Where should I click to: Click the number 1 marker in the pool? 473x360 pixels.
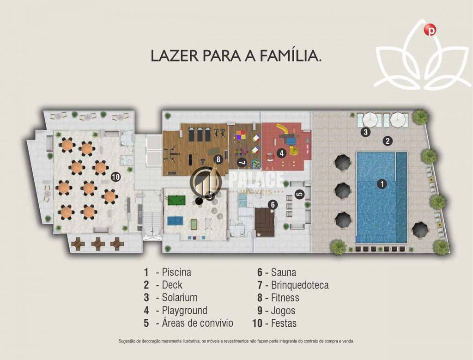382,184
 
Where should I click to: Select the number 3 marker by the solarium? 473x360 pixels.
365,132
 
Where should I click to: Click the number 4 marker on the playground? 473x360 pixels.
281,153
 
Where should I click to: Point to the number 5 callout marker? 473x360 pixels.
299,194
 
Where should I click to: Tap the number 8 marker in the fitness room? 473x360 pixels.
218,159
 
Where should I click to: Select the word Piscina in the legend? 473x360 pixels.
176,272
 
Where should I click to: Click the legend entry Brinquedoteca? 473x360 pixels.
299,285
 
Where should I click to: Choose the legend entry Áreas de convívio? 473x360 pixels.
197,323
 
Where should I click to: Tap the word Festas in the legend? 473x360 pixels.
284,323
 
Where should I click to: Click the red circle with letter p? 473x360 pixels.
431,30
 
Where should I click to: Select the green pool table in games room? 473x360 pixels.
176,201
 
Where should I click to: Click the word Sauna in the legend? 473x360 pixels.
283,272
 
